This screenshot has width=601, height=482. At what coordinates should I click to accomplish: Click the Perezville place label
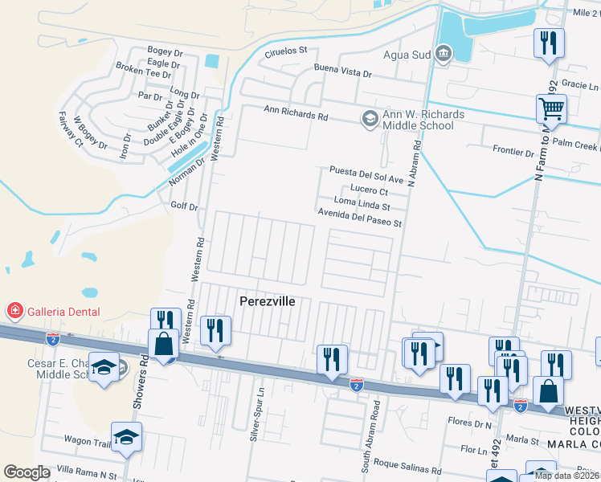[268, 301]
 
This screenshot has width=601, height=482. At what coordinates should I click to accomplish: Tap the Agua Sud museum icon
[443, 54]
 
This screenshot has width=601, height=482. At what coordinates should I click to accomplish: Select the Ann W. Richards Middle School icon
[370, 119]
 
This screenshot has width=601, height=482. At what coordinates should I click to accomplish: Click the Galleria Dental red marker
[14, 311]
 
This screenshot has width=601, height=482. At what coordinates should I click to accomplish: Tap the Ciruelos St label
[286, 51]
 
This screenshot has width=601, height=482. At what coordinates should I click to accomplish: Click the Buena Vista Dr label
[343, 73]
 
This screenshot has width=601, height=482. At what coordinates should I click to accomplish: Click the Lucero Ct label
[370, 191]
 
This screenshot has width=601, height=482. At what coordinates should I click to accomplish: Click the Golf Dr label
[184, 206]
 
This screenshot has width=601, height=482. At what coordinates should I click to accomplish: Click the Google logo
[27, 472]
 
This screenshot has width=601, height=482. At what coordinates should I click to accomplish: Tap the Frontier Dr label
[513, 152]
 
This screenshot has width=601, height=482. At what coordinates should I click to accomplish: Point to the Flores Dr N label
[470, 423]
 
